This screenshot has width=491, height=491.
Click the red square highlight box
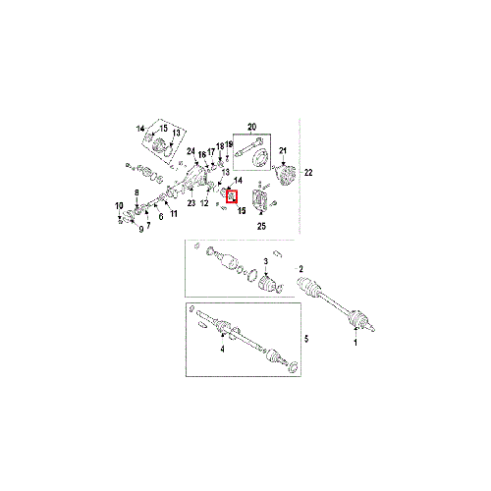(232, 196)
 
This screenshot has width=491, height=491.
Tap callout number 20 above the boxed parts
(251, 127)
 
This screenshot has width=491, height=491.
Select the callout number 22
(308, 172)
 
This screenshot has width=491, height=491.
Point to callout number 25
(261, 226)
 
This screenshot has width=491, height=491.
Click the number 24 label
(191, 151)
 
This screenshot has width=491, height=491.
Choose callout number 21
(283, 150)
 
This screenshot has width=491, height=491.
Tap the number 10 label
(119, 206)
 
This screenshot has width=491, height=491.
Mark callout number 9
(141, 229)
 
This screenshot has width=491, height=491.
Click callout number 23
(191, 203)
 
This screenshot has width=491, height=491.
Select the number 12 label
(204, 203)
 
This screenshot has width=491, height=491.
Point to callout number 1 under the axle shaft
(355, 343)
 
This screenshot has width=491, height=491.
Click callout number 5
(306, 339)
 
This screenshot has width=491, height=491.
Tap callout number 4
(223, 350)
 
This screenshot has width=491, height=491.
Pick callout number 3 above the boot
(266, 261)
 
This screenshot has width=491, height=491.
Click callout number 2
(301, 269)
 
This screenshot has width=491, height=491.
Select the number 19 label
(229, 144)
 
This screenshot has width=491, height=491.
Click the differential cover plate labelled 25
(261, 200)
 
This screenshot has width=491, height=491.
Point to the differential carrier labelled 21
(284, 174)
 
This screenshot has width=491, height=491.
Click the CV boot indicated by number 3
(268, 284)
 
